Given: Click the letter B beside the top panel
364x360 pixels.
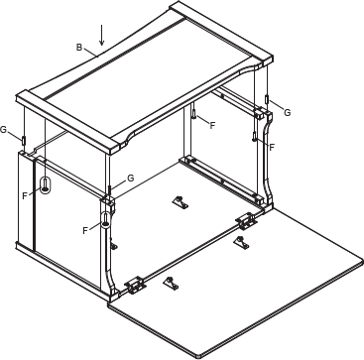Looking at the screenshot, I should (78, 47).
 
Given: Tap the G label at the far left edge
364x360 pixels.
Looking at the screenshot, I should (4, 130).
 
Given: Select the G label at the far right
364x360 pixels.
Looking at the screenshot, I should (287, 113).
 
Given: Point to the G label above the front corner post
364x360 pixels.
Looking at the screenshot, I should (130, 179).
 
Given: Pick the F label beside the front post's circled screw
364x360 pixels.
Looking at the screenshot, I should (85, 230).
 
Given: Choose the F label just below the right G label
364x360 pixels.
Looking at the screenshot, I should (272, 147).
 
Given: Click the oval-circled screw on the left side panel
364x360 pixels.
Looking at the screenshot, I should (46, 185).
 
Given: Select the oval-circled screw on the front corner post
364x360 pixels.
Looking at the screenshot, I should (105, 217).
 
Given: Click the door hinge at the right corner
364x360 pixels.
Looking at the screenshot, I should (245, 220).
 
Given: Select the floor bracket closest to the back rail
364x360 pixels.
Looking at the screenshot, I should (180, 202).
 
